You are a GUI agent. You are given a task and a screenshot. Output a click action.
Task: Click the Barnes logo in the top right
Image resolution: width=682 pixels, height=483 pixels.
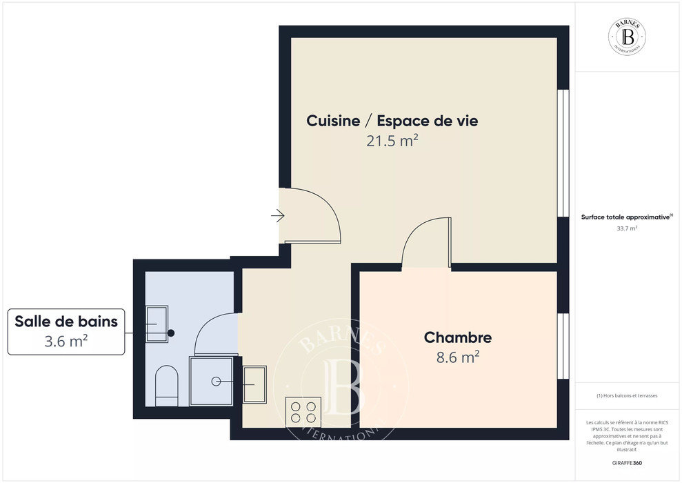point(627,37)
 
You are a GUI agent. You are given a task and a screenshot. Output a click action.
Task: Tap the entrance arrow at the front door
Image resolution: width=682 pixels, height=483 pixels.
point(277,215)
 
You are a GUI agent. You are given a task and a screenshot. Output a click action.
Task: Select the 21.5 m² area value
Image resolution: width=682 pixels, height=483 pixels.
point(392,141)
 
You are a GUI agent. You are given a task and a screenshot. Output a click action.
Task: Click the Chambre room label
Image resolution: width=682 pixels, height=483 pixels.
point(458,337)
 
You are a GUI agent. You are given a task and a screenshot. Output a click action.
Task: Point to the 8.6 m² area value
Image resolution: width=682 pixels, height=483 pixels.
point(458,357)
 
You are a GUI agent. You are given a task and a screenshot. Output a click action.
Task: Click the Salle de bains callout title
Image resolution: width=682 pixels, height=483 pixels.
point(66,321)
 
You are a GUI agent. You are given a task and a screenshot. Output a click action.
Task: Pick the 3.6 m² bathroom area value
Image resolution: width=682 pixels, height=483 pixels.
point(66,341)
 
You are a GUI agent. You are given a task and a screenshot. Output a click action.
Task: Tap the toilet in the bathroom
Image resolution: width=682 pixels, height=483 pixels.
point(167,386)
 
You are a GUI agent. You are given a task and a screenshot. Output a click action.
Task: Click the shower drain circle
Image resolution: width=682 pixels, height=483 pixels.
point(216,382)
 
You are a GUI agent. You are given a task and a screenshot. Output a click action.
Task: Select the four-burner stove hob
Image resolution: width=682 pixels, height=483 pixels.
point(303,412)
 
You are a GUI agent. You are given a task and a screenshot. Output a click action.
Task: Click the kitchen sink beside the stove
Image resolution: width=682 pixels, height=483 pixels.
point(254,384)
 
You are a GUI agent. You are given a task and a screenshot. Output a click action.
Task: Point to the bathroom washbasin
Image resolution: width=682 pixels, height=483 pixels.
point(157,324)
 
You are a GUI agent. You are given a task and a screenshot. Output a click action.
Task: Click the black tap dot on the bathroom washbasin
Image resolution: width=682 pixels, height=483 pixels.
point(171,333)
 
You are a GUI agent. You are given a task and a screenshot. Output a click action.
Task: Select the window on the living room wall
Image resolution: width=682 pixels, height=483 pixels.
point(563,153)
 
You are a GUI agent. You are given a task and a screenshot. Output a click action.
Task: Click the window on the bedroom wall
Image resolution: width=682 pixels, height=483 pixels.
point(563,346)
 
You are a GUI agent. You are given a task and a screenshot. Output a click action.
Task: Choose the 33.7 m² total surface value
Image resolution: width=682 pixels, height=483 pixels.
point(627,228)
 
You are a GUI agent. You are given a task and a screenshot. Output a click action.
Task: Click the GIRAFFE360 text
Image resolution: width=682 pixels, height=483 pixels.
point(627,463)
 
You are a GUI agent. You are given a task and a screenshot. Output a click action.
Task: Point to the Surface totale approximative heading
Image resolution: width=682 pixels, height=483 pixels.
point(627,217)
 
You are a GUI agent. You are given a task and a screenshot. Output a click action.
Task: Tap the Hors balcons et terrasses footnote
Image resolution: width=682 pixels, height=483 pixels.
point(627,395)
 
